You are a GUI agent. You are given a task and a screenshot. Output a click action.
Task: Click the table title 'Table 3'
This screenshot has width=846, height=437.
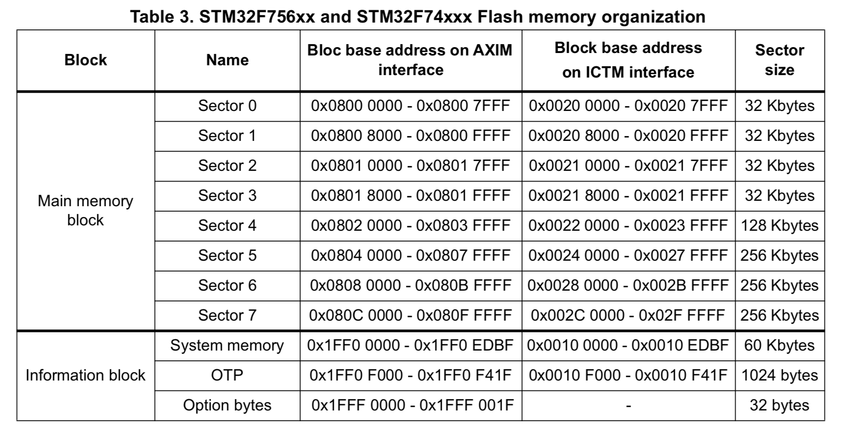[x=417, y=16]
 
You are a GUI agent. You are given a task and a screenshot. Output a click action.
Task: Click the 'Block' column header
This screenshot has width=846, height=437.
[x=85, y=60]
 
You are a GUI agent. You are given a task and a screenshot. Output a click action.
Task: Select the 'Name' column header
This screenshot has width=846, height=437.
[x=227, y=60]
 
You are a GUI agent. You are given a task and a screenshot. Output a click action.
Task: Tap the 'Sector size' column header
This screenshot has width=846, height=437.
[x=779, y=60]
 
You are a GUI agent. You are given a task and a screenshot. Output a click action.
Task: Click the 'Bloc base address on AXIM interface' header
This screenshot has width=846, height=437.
[x=410, y=60]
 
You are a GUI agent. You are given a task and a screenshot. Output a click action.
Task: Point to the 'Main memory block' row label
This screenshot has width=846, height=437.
[x=85, y=210]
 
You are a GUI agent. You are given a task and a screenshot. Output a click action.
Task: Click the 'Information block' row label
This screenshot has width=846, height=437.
[x=85, y=375]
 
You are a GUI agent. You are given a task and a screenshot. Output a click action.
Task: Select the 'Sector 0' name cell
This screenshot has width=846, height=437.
[x=227, y=106]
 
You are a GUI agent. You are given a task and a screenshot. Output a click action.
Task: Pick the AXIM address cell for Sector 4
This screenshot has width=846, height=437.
[x=410, y=225]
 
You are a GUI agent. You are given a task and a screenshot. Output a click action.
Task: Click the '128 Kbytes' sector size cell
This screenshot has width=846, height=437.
[x=779, y=225]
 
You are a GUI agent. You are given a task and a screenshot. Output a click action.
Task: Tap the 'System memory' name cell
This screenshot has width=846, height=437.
[x=227, y=345]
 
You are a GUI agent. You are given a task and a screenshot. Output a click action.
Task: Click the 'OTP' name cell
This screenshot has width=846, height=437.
[x=227, y=375]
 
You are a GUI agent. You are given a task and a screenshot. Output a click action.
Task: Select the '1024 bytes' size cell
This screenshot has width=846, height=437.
[x=779, y=375]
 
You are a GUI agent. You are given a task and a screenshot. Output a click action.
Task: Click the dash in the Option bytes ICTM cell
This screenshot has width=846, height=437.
[x=628, y=406]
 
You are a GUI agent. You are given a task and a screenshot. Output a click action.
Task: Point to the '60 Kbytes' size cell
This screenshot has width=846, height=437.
[x=779, y=345]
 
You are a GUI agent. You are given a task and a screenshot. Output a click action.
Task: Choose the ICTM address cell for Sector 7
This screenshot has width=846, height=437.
[x=628, y=315]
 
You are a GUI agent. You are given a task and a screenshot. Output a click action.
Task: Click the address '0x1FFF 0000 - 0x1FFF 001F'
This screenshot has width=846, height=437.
[x=412, y=405]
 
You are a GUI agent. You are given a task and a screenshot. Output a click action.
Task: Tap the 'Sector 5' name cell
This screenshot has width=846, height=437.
[x=227, y=255]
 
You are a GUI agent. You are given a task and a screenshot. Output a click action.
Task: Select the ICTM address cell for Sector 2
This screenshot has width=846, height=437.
[x=628, y=165]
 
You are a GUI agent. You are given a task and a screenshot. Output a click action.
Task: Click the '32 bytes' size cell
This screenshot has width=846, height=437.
[x=779, y=405]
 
